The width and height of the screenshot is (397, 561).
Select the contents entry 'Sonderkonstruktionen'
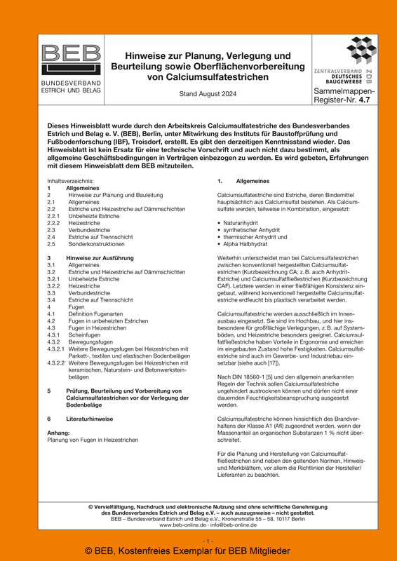(97, 244)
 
